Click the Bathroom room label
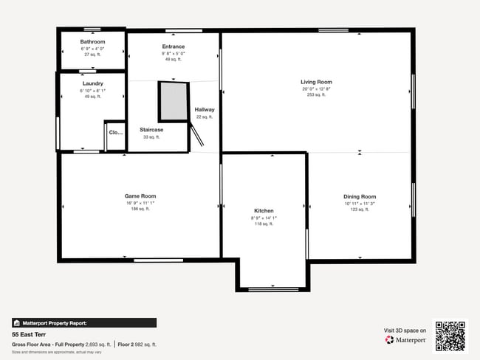(x=93, y=42)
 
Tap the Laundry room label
(x=93, y=83)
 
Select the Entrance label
(x=174, y=46)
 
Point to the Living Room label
(x=316, y=82)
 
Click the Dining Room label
(x=360, y=196)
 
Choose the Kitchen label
(x=264, y=211)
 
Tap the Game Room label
(x=140, y=195)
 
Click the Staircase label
(x=151, y=130)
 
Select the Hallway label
(x=205, y=110)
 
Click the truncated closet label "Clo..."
(x=115, y=133)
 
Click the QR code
(x=450, y=336)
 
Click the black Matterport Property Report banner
(x=83, y=322)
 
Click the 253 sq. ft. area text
(x=316, y=95)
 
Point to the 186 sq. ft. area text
(x=140, y=209)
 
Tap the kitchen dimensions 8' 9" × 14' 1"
(x=264, y=218)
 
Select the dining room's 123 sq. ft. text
(x=360, y=210)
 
